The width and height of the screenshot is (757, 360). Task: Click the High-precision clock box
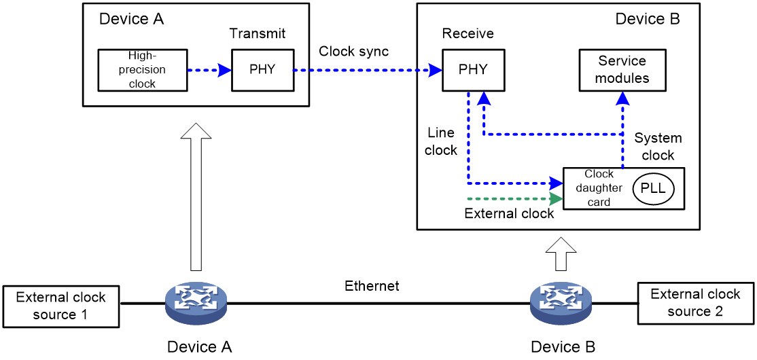tap(142, 70)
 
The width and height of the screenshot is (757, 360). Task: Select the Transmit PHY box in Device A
tap(262, 70)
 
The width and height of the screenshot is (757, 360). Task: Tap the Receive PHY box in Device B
tap(473, 70)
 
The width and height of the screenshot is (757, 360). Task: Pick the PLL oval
tap(653, 189)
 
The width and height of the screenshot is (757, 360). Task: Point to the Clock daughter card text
tap(598, 188)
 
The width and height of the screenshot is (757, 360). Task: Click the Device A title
tap(131, 19)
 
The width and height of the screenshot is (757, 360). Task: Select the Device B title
tap(647, 19)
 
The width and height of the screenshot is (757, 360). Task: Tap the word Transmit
tap(257, 34)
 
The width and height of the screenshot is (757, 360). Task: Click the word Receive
tap(468, 34)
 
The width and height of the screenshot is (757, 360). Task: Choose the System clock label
tap(658, 147)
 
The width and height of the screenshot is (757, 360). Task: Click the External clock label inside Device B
tap(509, 213)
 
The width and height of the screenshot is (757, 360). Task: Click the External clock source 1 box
tap(60, 306)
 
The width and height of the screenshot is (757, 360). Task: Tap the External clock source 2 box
tap(694, 302)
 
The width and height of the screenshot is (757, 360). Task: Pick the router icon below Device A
tap(196, 303)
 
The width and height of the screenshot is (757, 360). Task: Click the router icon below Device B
tap(561, 303)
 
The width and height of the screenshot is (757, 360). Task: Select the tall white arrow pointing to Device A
tap(196, 197)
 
